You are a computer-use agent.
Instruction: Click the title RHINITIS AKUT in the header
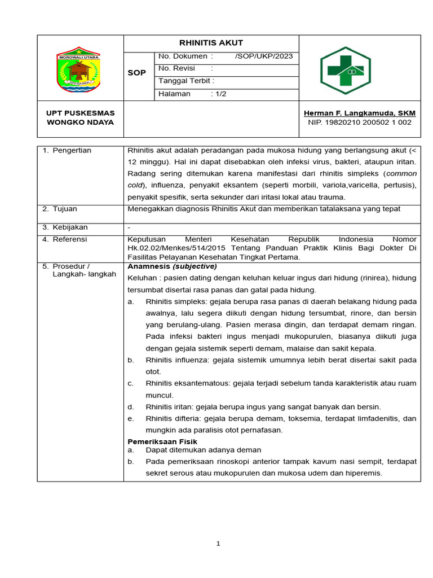coord(211,43)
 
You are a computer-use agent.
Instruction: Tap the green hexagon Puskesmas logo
coord(346,70)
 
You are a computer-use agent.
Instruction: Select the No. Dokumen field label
coord(186,56)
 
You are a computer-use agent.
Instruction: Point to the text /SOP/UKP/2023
coord(263,56)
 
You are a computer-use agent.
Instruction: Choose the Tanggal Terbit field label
coord(187,81)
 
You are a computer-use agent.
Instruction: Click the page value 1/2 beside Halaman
coord(219,94)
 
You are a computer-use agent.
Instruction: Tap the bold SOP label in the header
coord(137,73)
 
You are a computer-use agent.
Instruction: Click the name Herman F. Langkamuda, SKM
coord(359,113)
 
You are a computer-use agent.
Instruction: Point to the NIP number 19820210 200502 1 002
coord(359,122)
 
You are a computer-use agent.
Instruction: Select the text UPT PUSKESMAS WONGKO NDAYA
coord(79,118)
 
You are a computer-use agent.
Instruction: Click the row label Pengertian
coord(72,151)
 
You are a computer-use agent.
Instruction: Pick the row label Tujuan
coord(65,209)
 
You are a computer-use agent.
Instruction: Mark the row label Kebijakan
coord(70,227)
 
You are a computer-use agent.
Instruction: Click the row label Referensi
coord(70,239)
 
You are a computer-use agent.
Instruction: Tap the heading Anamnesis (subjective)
coord(172,266)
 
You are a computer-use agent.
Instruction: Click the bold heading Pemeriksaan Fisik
coord(162,441)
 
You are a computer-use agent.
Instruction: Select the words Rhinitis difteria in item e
coord(173,418)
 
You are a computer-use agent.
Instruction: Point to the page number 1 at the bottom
coord(217,544)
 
